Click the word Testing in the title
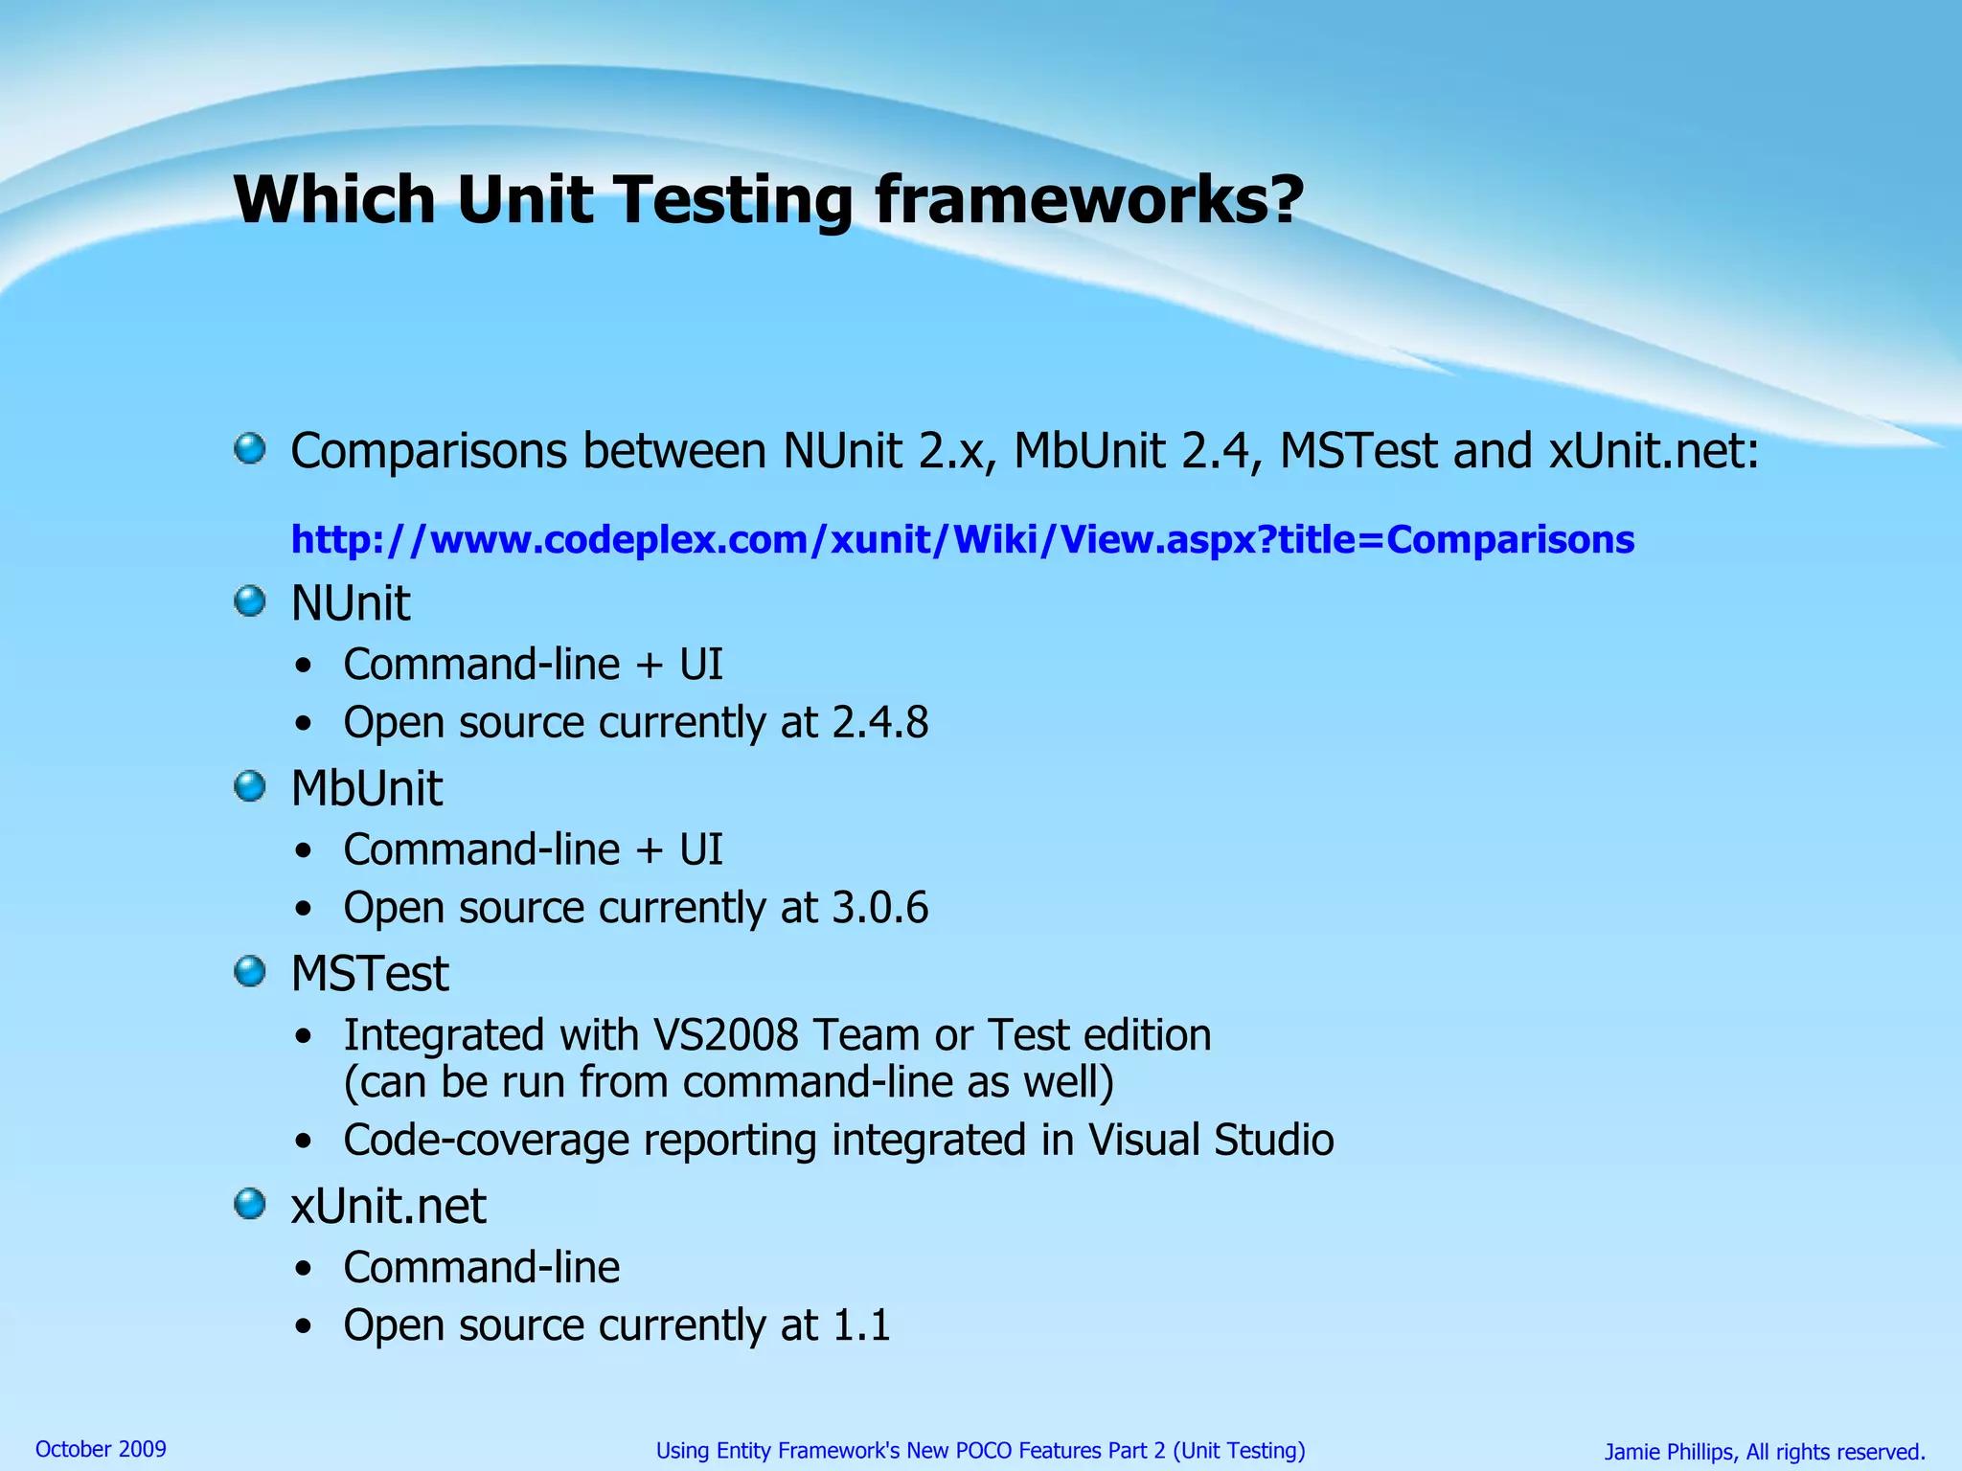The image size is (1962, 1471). pyautogui.click(x=733, y=201)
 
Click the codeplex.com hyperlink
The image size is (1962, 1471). pyautogui.click(x=962, y=540)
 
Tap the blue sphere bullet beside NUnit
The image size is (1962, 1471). pyautogui.click(x=250, y=602)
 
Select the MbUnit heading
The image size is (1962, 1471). pyautogui.click(x=366, y=789)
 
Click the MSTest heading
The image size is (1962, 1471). pyautogui.click(x=369, y=974)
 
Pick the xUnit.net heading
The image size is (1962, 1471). pyautogui.click(x=388, y=1206)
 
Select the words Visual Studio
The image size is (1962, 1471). pyautogui.click(x=1211, y=1141)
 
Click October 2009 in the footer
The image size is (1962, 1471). pyautogui.click(x=101, y=1449)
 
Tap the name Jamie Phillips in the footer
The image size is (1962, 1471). pyautogui.click(x=1669, y=1452)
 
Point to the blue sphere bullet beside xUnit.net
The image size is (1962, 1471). pyautogui.click(x=250, y=1205)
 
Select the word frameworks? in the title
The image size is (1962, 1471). pyautogui.click(x=1089, y=201)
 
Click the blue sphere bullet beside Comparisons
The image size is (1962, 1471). pyautogui.click(x=250, y=448)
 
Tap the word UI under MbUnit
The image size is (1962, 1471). pyautogui.click(x=700, y=850)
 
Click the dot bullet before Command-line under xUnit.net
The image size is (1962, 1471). pyautogui.click(x=304, y=1270)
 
